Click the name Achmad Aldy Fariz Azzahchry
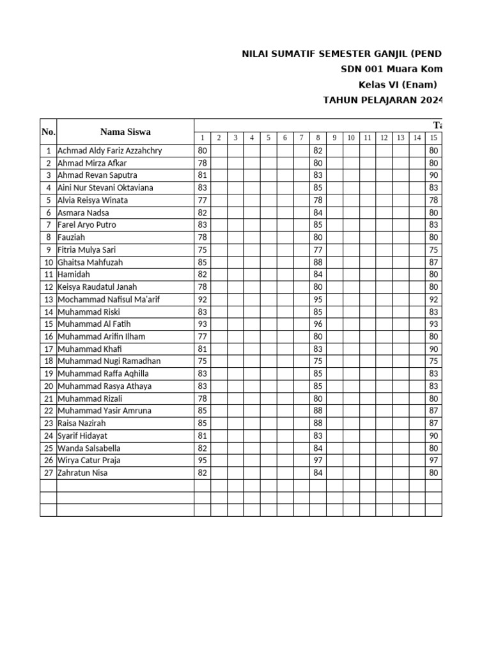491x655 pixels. [x=109, y=151]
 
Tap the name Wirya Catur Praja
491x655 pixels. [x=89, y=461]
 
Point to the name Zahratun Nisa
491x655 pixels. [x=82, y=473]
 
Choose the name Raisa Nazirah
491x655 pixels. [x=82, y=423]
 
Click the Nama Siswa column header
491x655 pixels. [x=125, y=132]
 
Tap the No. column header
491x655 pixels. [x=49, y=132]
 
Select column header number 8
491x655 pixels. [x=318, y=138]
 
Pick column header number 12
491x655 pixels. [x=384, y=138]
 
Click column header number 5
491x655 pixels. [x=269, y=138]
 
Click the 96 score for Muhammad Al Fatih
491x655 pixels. [x=318, y=324]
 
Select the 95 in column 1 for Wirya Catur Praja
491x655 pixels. [x=202, y=461]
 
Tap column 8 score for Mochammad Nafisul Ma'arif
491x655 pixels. [x=318, y=299]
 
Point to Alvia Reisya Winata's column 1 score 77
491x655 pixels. [x=202, y=200]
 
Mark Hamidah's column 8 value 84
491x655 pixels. [x=318, y=274]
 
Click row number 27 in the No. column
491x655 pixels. [x=49, y=473]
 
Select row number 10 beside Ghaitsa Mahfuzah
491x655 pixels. [x=49, y=262]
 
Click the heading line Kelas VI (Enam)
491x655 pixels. [x=397, y=84]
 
